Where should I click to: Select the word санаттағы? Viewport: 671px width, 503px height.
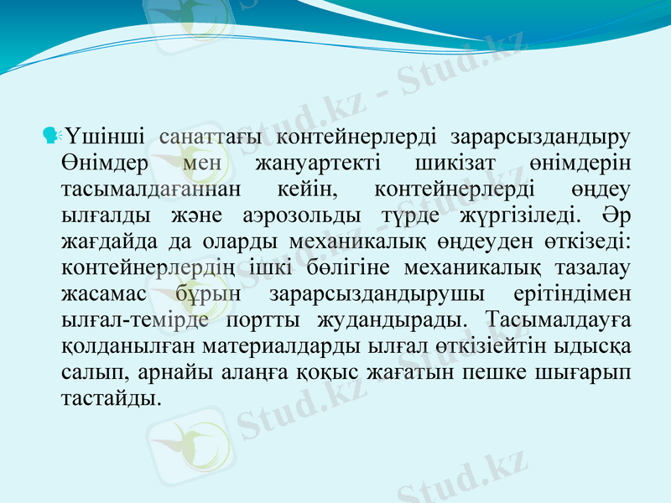[x=209, y=135]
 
